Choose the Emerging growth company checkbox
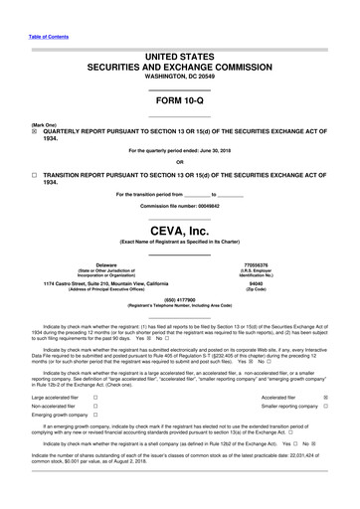tap(107, 418)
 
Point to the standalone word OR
tap(179, 162)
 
